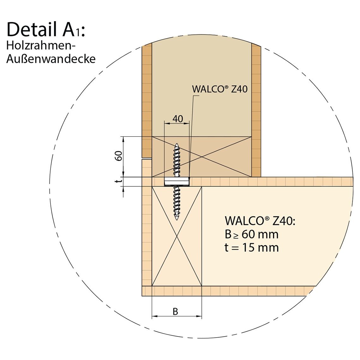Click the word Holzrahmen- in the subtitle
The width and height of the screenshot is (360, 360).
pyautogui.click(x=40, y=46)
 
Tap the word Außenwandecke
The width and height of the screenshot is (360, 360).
pyautogui.click(x=51, y=59)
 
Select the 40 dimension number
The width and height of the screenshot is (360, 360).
pyautogui.click(x=178, y=119)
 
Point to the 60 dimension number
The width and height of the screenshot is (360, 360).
pyautogui.click(x=118, y=156)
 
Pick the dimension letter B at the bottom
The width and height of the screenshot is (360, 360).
pyautogui.click(x=175, y=312)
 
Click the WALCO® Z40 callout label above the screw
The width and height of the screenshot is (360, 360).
pyautogui.click(x=220, y=89)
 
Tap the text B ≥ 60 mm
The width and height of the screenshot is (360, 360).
pyautogui.click(x=252, y=234)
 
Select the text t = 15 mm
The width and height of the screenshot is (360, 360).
pyautogui.click(x=252, y=247)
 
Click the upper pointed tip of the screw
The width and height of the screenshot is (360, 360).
pyautogui.click(x=177, y=145)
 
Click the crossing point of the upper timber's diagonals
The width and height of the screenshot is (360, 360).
pyautogui.click(x=202, y=157)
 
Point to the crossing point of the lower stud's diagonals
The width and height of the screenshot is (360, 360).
pyautogui.click(x=177, y=236)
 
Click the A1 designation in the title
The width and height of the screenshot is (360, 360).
pyautogui.click(x=71, y=30)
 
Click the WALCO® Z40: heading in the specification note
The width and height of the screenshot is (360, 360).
pyautogui.click(x=260, y=221)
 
